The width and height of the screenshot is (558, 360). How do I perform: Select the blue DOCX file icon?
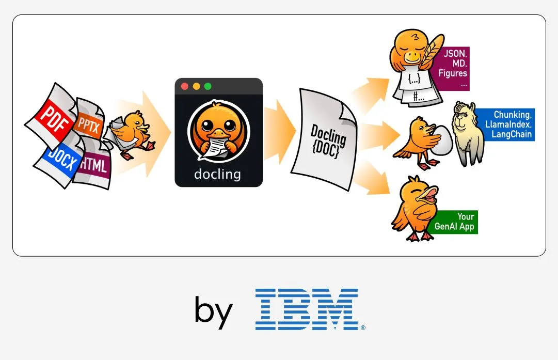[x=59, y=160]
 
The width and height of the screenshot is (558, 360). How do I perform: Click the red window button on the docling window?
[x=185, y=86]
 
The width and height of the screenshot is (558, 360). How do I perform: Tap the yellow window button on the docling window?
[x=196, y=86]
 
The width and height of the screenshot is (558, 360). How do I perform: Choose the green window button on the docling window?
[x=208, y=86]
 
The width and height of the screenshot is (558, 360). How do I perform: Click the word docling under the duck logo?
[x=217, y=174]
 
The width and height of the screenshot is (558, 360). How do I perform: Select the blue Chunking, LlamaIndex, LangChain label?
[x=508, y=124]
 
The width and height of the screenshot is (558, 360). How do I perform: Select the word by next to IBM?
[x=213, y=310]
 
